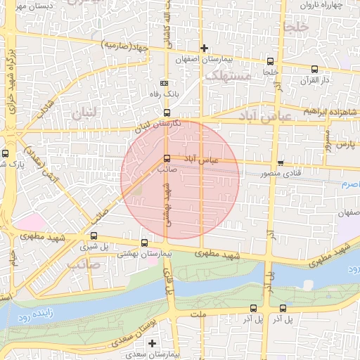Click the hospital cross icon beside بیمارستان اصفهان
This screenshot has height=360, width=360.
click(x=204, y=48)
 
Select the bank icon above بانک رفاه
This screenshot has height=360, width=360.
click(x=165, y=82)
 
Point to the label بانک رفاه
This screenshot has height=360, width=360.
click(x=164, y=93)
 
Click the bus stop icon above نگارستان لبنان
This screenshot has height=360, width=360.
click(x=167, y=112)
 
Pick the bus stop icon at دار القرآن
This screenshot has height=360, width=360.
click(x=314, y=69)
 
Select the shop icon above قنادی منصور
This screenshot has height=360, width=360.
click(x=281, y=162)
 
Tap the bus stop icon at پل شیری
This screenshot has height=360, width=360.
click(x=94, y=235)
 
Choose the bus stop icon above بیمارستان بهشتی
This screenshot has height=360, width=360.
click(x=144, y=243)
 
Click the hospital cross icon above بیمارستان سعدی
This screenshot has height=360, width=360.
click(x=152, y=342)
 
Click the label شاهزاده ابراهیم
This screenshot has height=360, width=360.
click(x=330, y=112)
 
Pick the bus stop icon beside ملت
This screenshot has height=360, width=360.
click(x=253, y=307)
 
